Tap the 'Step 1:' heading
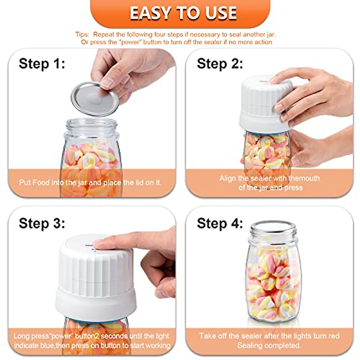click(x=42, y=64)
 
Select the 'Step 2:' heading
click(x=220, y=64)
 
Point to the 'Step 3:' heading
click(x=42, y=223)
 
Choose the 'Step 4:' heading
click(x=220, y=223)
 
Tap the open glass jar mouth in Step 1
click(x=91, y=124)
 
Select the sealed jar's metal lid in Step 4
click(x=273, y=226)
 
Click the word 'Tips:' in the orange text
click(x=82, y=34)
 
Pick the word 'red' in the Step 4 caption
click(x=334, y=336)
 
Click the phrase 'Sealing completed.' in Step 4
click(x=269, y=345)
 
